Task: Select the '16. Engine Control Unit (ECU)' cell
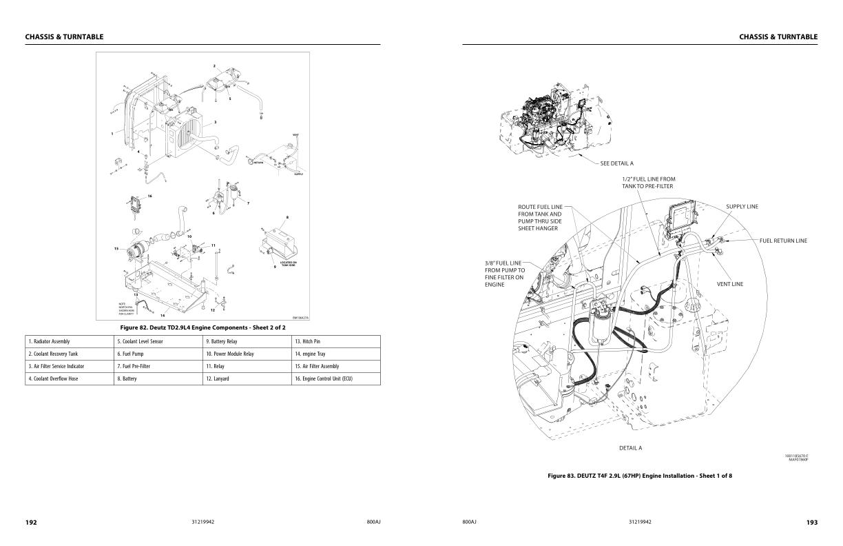pos(324,378)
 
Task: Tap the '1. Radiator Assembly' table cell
pos(49,341)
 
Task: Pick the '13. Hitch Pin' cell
pos(307,341)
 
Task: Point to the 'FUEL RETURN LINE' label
pos(783,241)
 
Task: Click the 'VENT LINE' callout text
pos(730,284)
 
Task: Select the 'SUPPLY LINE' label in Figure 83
pos(742,206)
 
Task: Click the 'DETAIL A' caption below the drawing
pos(630,448)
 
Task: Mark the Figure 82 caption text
pos(202,327)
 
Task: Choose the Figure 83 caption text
pos(640,476)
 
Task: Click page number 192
pos(31,523)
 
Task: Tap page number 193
pos(812,523)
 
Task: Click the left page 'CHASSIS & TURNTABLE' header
pos(64,37)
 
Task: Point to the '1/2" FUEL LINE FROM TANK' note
pos(648,183)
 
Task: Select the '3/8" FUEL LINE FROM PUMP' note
pos(505,274)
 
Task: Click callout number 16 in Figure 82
pos(149,196)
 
